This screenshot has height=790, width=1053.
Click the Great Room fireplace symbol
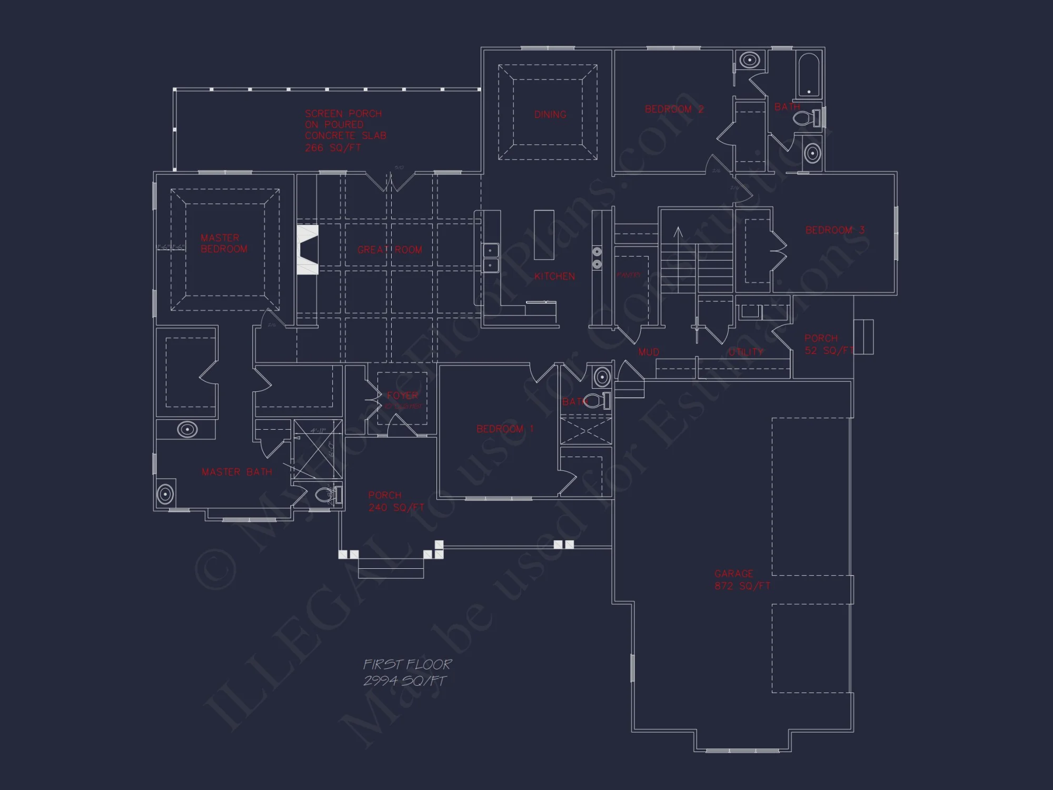coord(307,250)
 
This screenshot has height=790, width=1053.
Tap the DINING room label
coord(550,114)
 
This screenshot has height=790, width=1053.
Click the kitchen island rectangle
coord(544,234)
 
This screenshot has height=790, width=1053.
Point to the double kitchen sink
coord(491,258)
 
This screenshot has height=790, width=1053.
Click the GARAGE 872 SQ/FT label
coord(742,579)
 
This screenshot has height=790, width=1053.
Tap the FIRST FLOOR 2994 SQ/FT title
coord(406,673)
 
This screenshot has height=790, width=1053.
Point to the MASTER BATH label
coord(237,472)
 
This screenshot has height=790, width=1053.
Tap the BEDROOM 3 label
coord(835,230)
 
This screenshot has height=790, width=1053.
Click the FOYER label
coord(402,396)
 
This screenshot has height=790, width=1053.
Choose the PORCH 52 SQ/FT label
coord(828,344)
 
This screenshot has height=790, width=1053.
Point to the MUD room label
coord(648,352)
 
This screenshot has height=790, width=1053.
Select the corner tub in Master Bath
coord(165,494)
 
